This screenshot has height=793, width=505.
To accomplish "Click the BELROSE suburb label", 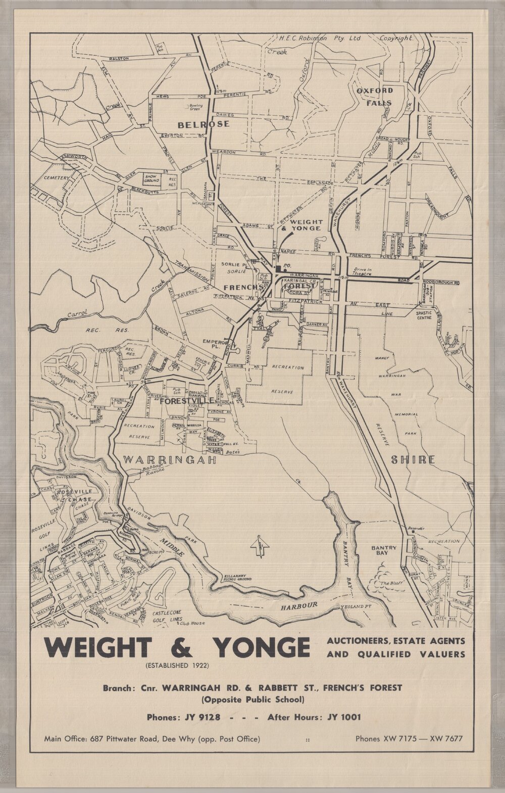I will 203,124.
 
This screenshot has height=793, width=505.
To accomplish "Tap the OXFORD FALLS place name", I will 374,96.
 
